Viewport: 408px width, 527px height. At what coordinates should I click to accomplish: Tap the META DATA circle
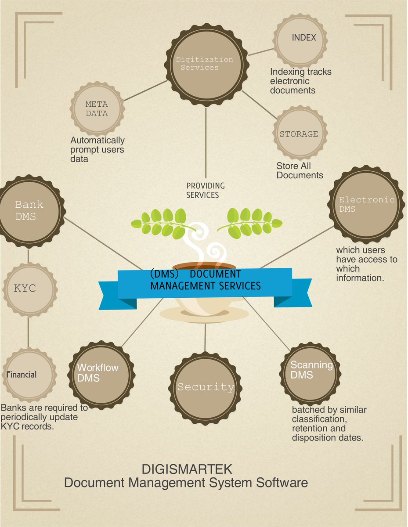pos(97,109)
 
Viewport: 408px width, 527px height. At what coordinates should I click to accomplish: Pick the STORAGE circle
pos(299,134)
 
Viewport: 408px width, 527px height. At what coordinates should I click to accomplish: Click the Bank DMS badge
pos(29,211)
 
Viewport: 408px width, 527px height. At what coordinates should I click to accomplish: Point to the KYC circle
pos(29,289)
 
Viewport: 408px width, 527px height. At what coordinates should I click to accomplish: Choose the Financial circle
pos(29,375)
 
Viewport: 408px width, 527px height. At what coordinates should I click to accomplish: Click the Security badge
pos(205,387)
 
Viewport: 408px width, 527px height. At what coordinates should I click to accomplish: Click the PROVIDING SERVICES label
pos(205,190)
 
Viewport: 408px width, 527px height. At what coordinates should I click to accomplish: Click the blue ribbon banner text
pos(205,280)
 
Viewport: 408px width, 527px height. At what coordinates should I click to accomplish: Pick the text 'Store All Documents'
pos(300,170)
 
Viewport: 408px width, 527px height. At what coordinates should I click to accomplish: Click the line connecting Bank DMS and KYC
pos(29,256)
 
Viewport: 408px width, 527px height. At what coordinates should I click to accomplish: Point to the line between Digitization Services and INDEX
pos(261,52)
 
